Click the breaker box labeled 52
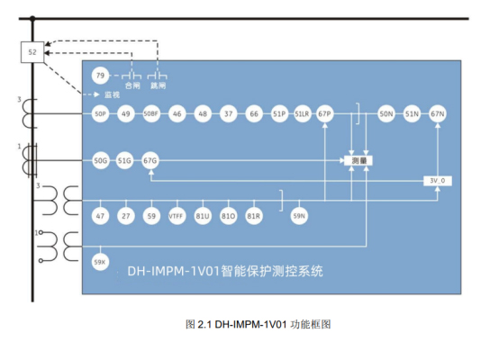[32, 53]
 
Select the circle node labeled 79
[101, 76]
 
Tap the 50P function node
[101, 114]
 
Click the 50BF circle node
[151, 114]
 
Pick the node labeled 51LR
[303, 114]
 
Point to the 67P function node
[326, 114]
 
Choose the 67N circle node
[438, 114]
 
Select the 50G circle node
[101, 160]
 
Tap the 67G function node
[150, 160]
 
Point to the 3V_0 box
[437, 180]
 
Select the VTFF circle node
[177, 216]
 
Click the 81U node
[203, 216]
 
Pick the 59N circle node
[299, 216]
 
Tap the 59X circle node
[101, 262]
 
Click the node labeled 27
[126, 216]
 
